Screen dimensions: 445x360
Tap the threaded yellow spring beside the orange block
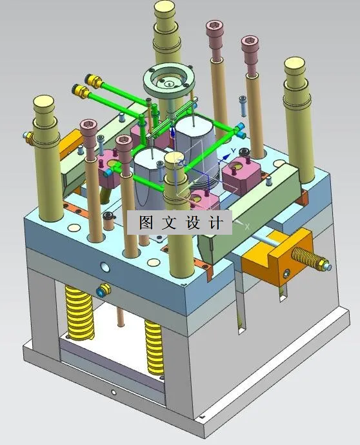[309, 257]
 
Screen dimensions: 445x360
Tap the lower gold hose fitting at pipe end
[81, 91]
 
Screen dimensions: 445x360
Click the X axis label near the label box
[246, 225]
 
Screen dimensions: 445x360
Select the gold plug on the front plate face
[101, 291]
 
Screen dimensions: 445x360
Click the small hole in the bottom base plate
[114, 391]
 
